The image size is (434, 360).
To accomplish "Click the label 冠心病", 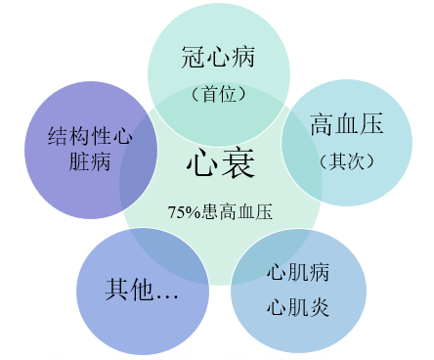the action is (218, 58).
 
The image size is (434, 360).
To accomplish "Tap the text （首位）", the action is (218, 95).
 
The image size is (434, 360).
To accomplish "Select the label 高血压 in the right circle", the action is (346, 124).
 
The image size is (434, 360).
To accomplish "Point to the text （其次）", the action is (346, 159).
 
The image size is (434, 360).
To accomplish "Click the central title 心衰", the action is (221, 163).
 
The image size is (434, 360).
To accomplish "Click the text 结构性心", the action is (89, 136).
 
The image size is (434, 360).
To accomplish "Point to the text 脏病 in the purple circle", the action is (78, 162).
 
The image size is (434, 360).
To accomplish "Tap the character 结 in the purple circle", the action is (57, 136).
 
